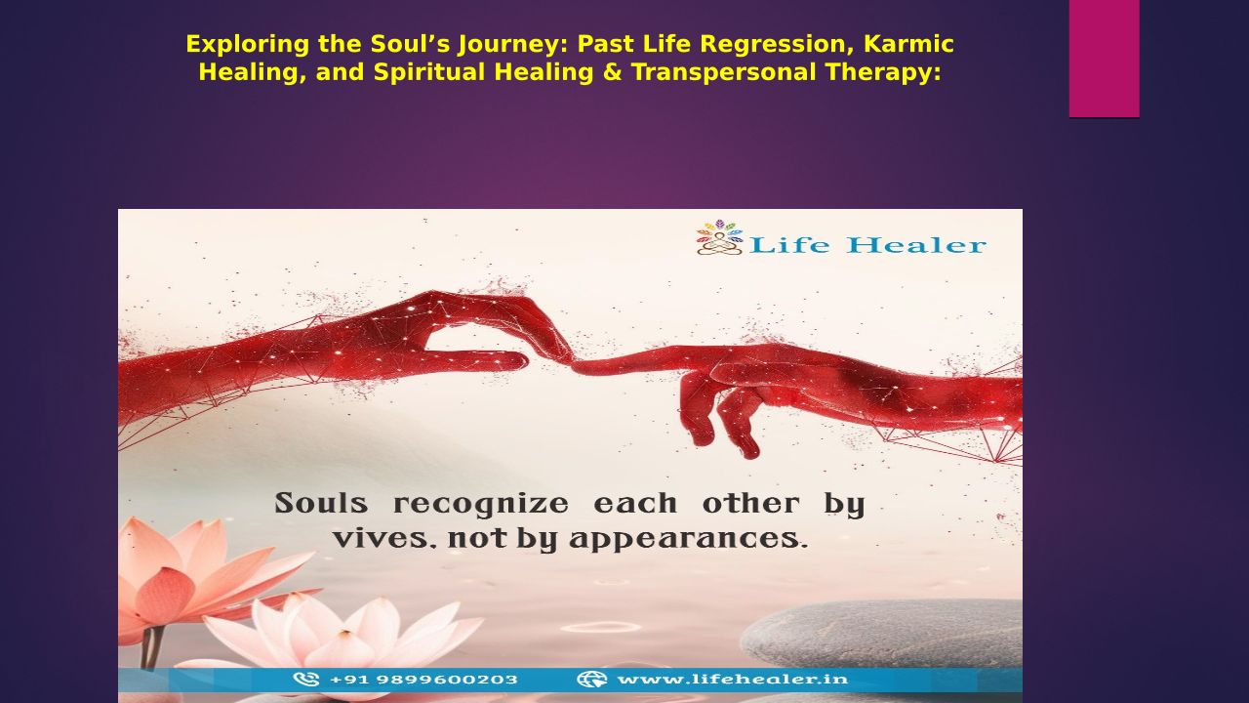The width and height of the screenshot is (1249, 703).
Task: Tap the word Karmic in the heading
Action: tap(908, 44)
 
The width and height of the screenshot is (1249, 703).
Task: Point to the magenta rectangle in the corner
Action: tap(1104, 58)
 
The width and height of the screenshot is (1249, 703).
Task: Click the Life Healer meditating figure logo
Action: tap(720, 237)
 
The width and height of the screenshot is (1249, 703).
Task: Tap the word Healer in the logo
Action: tap(916, 245)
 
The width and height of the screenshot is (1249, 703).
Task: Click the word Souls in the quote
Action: tap(321, 503)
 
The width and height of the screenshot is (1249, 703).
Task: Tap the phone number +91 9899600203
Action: tap(423, 680)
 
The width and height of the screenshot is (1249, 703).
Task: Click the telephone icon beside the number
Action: tap(306, 679)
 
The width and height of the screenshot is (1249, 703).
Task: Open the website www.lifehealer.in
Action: tap(733, 679)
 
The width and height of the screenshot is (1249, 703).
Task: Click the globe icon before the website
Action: tap(591, 679)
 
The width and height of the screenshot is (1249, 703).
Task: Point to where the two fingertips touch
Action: tap(572, 363)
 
